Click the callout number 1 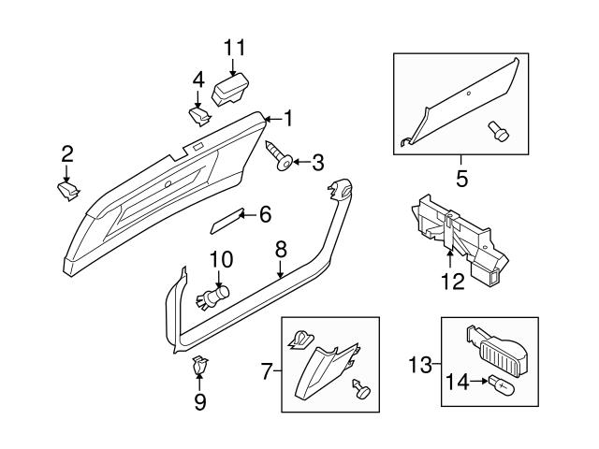(288, 119)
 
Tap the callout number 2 (66, 153)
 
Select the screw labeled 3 (280, 156)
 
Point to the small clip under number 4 (198, 115)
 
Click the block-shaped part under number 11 (231, 90)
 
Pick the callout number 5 (460, 176)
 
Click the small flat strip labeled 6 (226, 224)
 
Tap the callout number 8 (279, 249)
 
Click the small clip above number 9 (199, 366)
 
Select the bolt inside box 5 (499, 133)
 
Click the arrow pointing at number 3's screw (299, 162)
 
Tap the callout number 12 (452, 282)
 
